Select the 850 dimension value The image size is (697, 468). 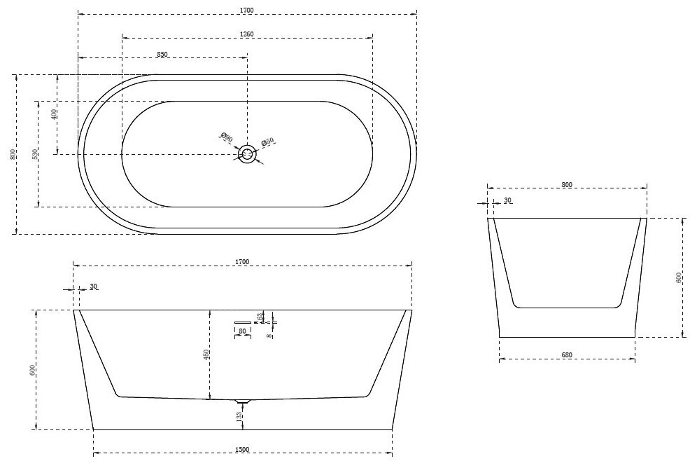tap(162, 54)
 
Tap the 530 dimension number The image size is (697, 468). tap(34, 153)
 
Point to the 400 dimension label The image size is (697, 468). tap(55, 113)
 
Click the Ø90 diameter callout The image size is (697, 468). tap(226, 138)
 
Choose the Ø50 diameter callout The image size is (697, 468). tap(267, 142)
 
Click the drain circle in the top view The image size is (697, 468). tap(247, 154)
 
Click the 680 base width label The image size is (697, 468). tap(567, 355)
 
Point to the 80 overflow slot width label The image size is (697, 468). tap(242, 331)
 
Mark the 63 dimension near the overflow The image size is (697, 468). tap(260, 317)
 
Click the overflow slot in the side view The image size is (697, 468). tap(242, 322)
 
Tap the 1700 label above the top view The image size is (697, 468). tap(246, 11)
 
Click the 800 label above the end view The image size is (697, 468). tap(567, 185)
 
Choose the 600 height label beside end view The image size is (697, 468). tap(678, 278)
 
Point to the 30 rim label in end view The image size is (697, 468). tap(507, 201)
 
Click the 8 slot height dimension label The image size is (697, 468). tap(270, 334)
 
